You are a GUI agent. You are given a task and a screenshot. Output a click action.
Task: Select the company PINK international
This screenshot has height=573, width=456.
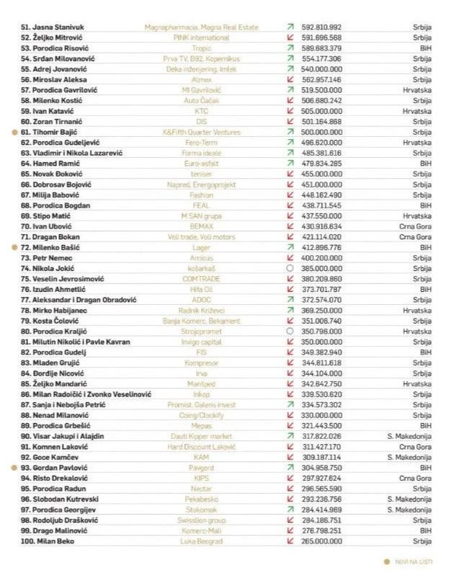click(201, 37)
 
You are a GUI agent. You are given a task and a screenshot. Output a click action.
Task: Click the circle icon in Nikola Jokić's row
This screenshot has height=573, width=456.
click(290, 268)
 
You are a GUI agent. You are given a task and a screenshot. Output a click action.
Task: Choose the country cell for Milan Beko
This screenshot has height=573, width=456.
click(421, 541)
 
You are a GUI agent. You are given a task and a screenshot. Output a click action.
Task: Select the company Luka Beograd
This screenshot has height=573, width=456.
click(201, 541)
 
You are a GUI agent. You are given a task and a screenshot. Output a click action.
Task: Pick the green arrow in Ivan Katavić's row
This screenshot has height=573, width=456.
click(290, 111)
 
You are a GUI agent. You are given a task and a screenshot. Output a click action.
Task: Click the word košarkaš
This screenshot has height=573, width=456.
click(201, 268)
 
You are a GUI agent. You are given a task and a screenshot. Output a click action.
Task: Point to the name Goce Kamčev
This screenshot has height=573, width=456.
click(55, 457)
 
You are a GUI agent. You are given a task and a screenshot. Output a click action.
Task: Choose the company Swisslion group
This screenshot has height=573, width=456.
click(201, 520)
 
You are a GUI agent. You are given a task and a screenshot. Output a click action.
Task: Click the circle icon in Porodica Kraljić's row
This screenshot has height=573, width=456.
click(290, 331)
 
